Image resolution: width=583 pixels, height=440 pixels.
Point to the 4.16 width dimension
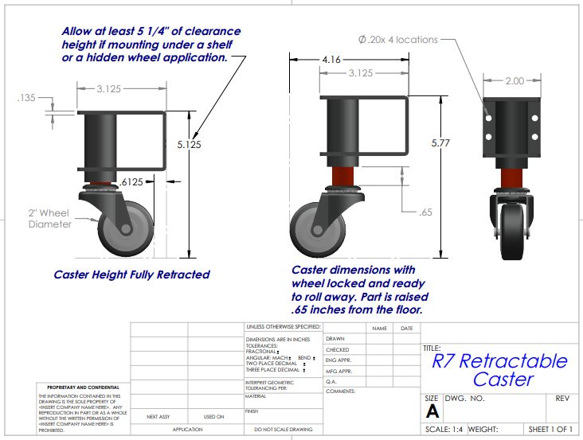point(333,60)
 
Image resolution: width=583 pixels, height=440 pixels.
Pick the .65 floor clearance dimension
point(427,212)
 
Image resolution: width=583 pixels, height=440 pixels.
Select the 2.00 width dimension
point(514,81)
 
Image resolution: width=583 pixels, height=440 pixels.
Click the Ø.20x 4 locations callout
point(397,39)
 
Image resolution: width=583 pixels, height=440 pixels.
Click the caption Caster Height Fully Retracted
point(131,275)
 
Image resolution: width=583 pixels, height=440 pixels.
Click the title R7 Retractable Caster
point(499,370)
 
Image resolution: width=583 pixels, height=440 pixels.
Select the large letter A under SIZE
point(432,411)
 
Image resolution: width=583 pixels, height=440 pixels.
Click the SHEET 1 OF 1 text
point(551,430)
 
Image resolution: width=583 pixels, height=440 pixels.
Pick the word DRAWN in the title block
point(335,339)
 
